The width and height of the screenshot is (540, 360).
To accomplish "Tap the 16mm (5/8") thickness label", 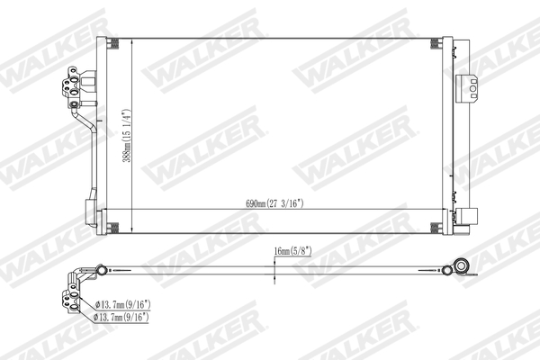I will tap(293, 254).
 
